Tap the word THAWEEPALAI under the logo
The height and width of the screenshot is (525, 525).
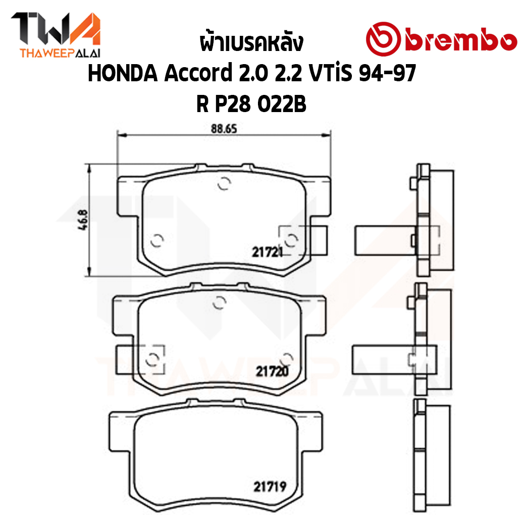coord(60,54)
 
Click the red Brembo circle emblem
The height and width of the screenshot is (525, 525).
coord(383,38)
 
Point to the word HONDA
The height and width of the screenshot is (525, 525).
coord(123,73)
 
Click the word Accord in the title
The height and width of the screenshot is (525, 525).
coord(198,73)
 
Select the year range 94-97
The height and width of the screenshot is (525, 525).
coord(387,73)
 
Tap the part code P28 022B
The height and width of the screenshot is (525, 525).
coord(260,104)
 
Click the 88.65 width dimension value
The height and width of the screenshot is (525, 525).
coord(224,129)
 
